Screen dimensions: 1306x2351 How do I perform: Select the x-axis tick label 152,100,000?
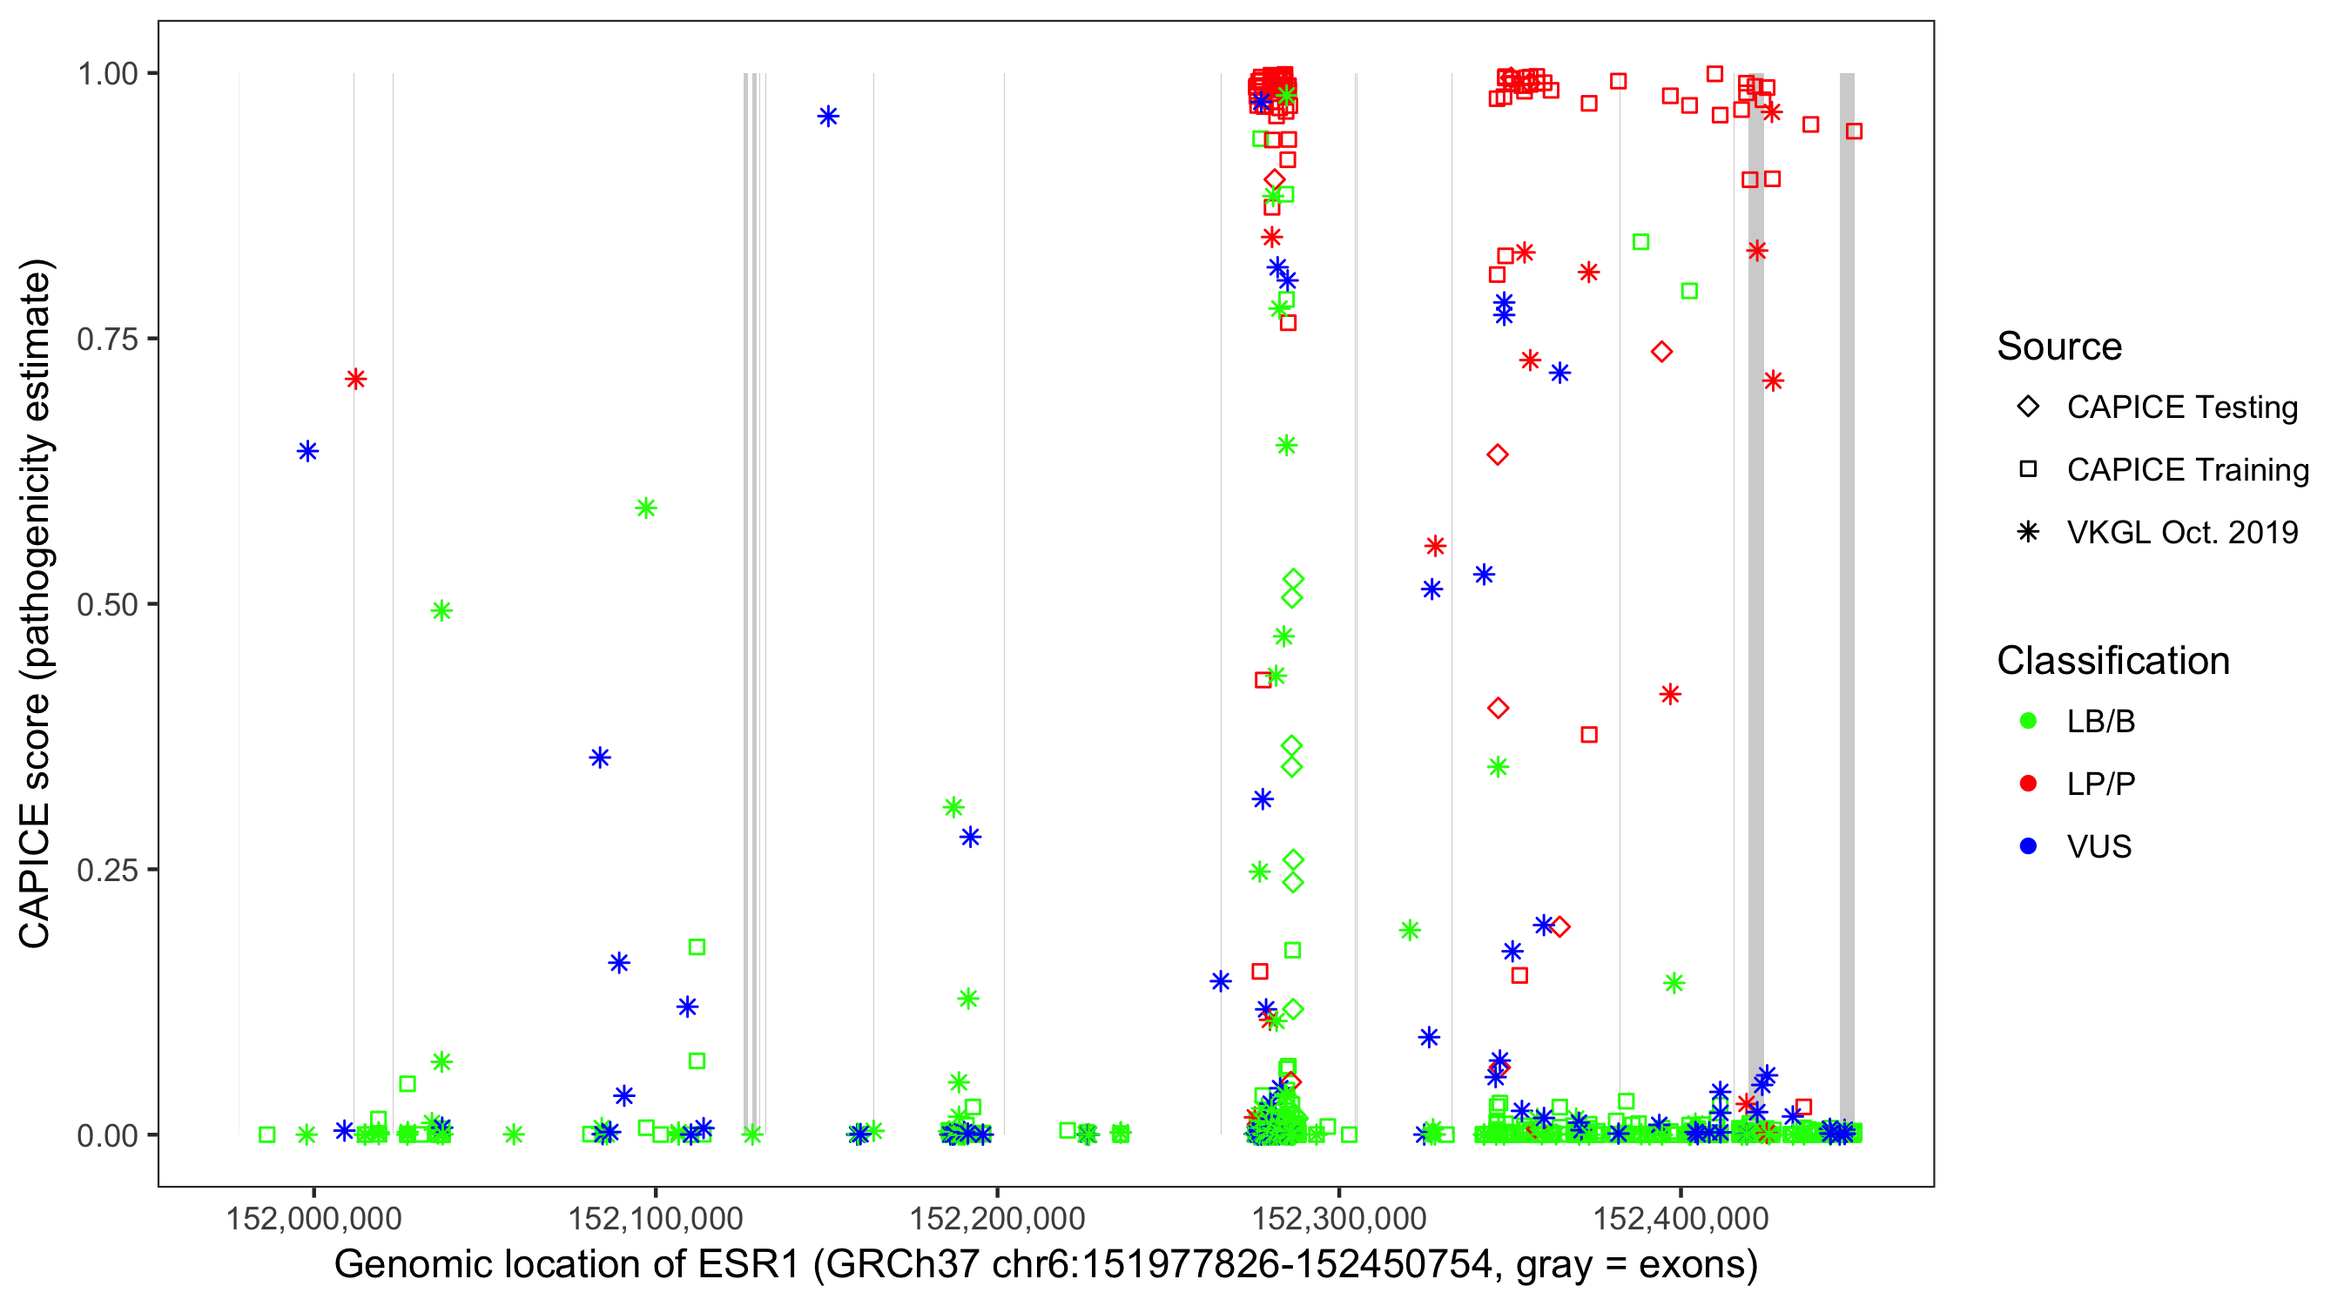(x=656, y=1217)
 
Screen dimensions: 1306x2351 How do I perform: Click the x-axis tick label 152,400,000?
(x=1681, y=1217)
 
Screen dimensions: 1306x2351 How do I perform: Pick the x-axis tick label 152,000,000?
(x=313, y=1217)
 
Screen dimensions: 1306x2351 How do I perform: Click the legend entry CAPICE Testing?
(x=2181, y=407)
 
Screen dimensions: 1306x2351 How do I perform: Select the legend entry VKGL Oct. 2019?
(x=2181, y=532)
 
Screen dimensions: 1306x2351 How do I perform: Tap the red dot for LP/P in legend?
(x=2028, y=784)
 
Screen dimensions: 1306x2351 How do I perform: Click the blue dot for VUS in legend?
(x=2028, y=846)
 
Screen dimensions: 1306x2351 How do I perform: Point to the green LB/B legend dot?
(x=2028, y=721)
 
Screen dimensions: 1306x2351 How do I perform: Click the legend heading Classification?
(x=2112, y=660)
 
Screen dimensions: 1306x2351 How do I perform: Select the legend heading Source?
(x=2059, y=347)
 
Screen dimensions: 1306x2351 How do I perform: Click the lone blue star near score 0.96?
(x=828, y=116)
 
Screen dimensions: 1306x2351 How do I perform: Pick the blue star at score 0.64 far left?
(x=307, y=451)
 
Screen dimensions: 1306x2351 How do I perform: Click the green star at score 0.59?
(x=645, y=508)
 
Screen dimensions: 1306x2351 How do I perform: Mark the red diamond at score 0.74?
(x=1661, y=352)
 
